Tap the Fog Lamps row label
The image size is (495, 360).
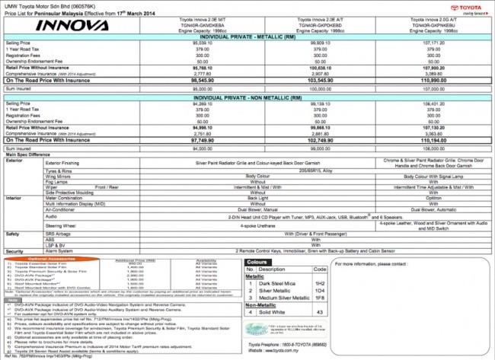tap(58, 181)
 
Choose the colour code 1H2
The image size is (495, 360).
tap(321, 282)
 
